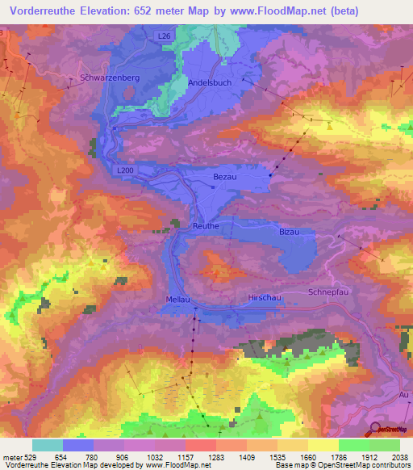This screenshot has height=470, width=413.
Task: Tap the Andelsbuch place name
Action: pyautogui.click(x=210, y=82)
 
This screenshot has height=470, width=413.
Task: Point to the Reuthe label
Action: pyautogui.click(x=206, y=227)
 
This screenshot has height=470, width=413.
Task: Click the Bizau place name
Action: pyautogui.click(x=289, y=231)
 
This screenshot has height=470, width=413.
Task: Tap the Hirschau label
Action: pyautogui.click(x=264, y=298)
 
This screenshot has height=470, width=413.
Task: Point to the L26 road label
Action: pyautogui.click(x=165, y=36)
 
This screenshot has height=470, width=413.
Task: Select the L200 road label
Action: pyautogui.click(x=125, y=170)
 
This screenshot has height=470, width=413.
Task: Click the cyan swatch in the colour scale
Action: pyautogui.click(x=48, y=445)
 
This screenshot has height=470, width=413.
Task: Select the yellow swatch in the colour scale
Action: pyautogui.click(x=323, y=445)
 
